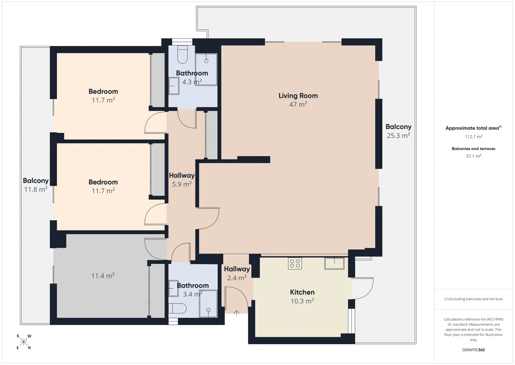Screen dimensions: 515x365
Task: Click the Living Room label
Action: point(298,96)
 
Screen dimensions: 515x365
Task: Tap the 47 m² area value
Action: point(298,104)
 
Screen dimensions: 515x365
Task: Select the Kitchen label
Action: point(302,292)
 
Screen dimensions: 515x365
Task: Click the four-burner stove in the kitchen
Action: point(295,264)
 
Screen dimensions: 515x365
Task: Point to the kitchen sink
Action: point(334,264)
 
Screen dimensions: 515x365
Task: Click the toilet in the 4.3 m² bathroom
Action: point(182,54)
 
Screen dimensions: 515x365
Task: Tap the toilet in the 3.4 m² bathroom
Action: point(178,308)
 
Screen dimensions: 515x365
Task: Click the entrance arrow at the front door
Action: point(236,313)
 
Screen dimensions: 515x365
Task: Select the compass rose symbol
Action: point(23,342)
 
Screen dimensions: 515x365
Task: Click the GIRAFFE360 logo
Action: point(473,350)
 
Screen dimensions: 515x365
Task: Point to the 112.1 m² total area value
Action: point(473,137)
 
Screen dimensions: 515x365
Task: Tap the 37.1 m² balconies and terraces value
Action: point(473,156)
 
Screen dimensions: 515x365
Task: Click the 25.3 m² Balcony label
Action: point(399,131)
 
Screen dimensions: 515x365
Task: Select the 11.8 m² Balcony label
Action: point(36,185)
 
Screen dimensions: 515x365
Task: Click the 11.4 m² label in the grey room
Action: point(103,276)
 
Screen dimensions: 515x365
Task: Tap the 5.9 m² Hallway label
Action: point(182,179)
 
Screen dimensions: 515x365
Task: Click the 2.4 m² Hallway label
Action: point(237,273)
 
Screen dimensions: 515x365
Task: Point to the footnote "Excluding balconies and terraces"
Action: point(473,299)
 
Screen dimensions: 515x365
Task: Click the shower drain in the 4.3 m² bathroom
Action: point(206,61)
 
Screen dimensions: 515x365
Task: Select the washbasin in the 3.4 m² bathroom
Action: point(173,288)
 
